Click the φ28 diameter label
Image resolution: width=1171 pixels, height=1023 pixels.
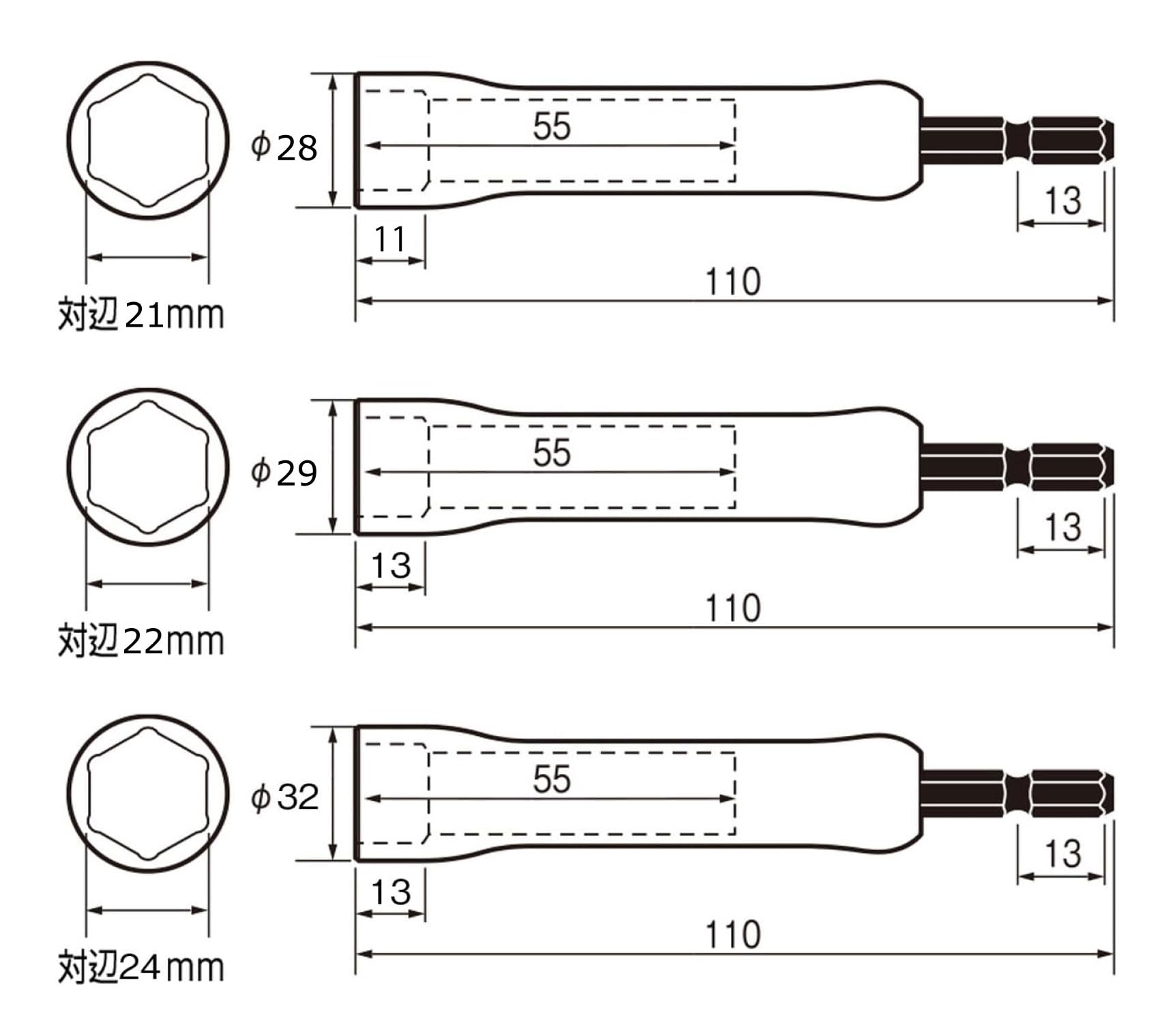[284, 147]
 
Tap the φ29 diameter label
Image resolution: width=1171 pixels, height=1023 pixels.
[284, 473]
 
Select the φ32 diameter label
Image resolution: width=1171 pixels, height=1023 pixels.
[284, 797]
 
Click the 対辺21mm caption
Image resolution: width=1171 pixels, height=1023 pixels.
[141, 314]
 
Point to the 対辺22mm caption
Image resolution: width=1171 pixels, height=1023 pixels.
[141, 641]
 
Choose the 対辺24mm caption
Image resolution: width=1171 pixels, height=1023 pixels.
[141, 967]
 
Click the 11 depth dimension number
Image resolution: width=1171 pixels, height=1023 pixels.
[390, 239]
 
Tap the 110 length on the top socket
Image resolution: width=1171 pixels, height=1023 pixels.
[732, 282]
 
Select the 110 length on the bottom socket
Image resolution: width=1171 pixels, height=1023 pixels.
[732, 934]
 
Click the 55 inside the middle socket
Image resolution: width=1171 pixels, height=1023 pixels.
[551, 453]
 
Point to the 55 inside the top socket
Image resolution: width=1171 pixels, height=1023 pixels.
[551, 126]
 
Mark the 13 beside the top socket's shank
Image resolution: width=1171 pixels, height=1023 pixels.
[1063, 201]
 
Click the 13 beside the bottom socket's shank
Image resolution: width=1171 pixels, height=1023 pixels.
[1063, 854]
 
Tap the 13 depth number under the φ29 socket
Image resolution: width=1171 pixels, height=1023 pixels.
[391, 566]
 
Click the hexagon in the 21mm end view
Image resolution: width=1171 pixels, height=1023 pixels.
[148, 140]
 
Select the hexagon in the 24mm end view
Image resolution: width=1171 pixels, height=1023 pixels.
[148, 793]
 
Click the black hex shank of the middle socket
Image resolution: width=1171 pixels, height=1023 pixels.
[1016, 467]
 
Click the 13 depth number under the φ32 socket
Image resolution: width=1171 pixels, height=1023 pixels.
[391, 892]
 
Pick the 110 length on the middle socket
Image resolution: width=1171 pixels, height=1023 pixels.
[732, 608]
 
